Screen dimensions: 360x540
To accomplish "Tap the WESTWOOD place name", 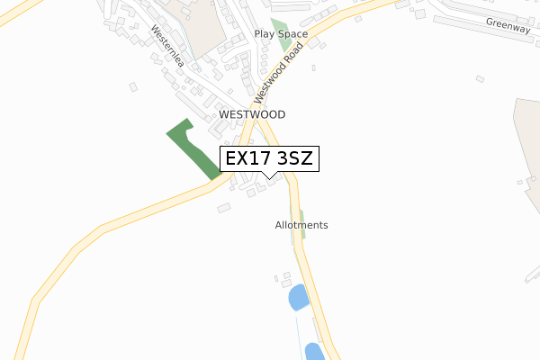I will coord(252,115).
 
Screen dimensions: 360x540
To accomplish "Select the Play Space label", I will coord(280,34).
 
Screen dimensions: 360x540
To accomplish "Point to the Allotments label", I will coord(301,225).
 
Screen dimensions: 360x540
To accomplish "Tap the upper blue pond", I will coord(297,298).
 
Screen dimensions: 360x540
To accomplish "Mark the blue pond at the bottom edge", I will coord(314,352).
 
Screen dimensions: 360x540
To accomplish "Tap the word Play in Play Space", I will coord(265,34).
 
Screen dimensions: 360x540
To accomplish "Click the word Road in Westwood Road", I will coord(287,59).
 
